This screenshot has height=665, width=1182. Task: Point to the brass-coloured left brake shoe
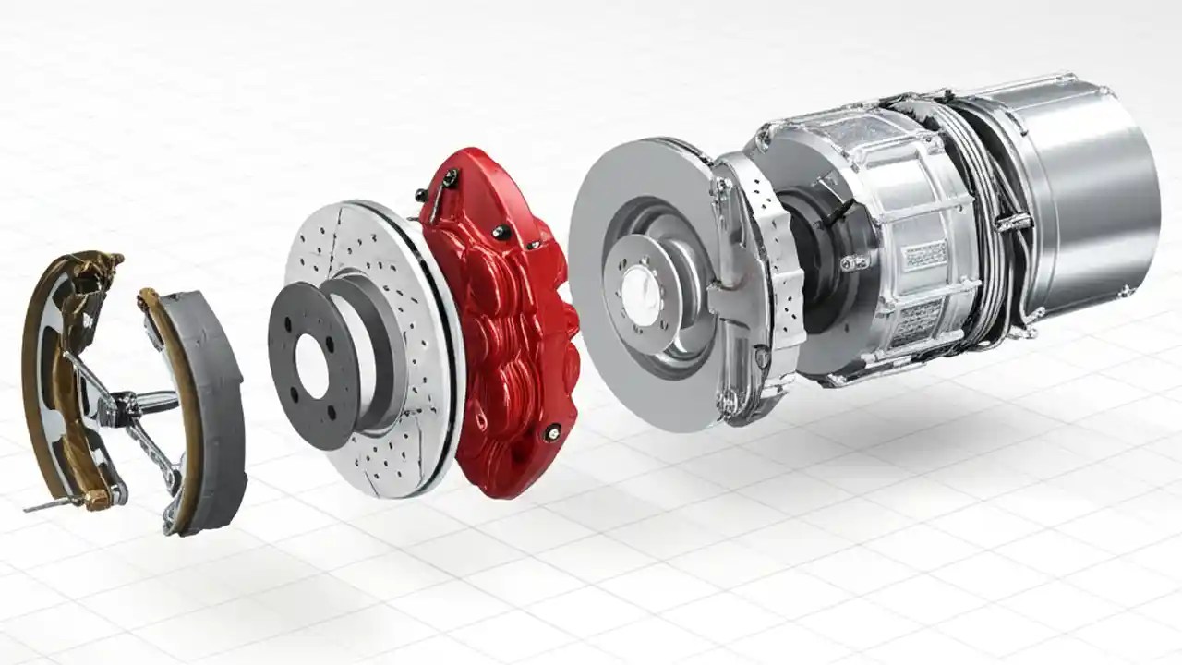pos(42,369)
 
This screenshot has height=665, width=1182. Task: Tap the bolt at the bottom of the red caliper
pos(552,429)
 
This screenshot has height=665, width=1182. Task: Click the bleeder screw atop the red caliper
pos(450,180)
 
